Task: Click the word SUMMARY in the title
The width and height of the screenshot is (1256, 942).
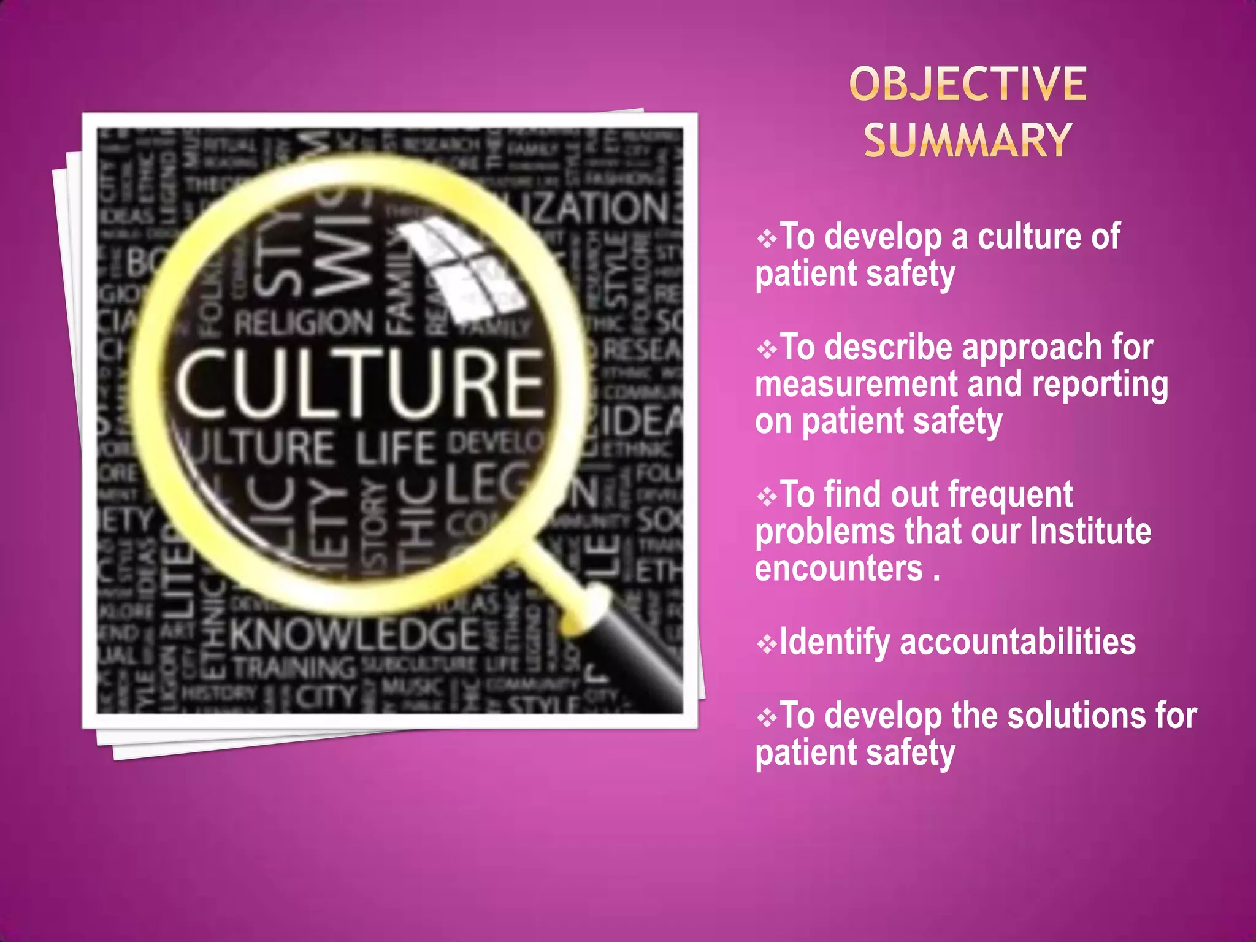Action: click(968, 140)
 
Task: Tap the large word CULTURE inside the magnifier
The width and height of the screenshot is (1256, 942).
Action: click(360, 383)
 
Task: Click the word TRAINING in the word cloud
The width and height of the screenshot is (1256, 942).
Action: click(295, 667)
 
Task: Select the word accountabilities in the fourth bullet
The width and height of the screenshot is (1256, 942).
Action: click(1018, 642)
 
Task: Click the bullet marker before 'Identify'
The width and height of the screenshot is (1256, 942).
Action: click(767, 644)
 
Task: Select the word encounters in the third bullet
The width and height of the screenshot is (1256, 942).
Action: click(838, 569)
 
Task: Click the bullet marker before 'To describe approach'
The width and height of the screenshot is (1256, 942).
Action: click(767, 350)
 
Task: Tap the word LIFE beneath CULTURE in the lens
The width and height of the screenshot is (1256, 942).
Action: click(396, 448)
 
